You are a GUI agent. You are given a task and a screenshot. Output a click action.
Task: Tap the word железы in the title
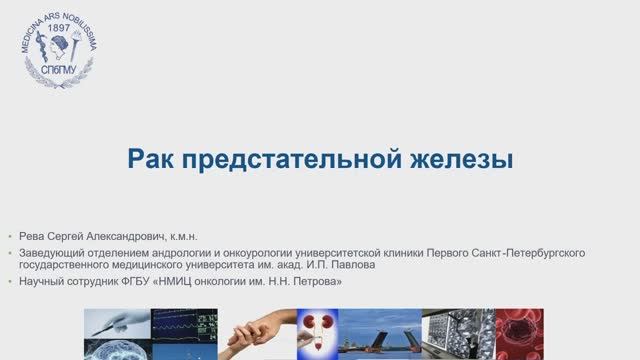tap(461, 160)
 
